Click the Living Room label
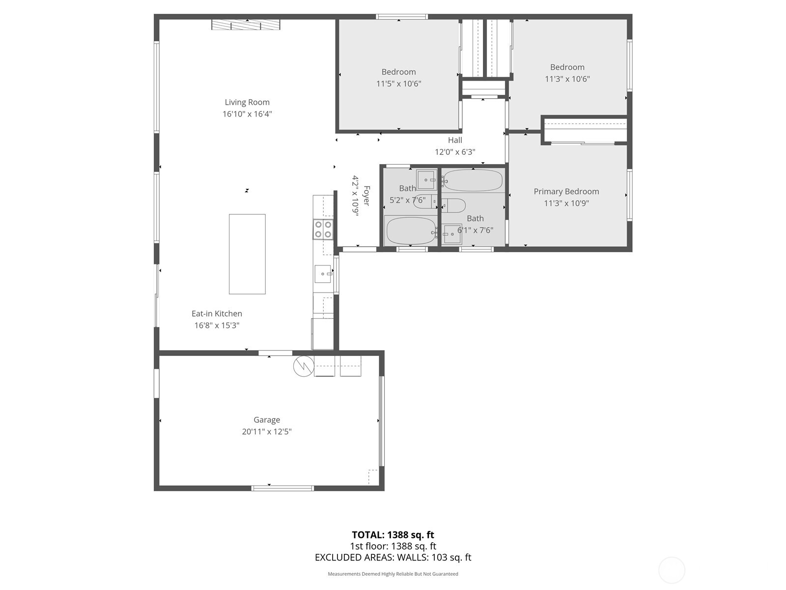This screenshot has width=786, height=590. click(x=247, y=102)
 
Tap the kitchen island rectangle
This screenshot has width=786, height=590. click(x=247, y=254)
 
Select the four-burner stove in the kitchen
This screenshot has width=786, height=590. click(x=323, y=229)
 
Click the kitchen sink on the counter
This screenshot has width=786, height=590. click(x=323, y=273)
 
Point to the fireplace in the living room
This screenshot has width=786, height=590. click(x=246, y=25)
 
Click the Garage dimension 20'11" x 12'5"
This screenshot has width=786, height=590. click(x=267, y=432)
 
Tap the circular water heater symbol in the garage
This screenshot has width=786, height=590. click(x=304, y=366)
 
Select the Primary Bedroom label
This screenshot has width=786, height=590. click(x=566, y=192)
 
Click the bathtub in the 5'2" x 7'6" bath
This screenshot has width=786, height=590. click(x=411, y=230)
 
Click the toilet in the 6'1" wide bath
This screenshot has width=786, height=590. click(x=454, y=206)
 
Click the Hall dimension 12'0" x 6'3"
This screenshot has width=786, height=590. click(x=455, y=152)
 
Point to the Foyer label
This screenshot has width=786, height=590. click(x=366, y=196)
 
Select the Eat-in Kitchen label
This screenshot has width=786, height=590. click(x=217, y=314)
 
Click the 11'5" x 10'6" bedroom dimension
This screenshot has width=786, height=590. click(x=398, y=84)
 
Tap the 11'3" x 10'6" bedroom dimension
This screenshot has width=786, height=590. click(x=567, y=79)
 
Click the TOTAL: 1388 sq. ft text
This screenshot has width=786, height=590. click(x=393, y=535)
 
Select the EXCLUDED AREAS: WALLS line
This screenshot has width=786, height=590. click(x=393, y=558)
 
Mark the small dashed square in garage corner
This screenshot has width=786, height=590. click(x=373, y=476)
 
